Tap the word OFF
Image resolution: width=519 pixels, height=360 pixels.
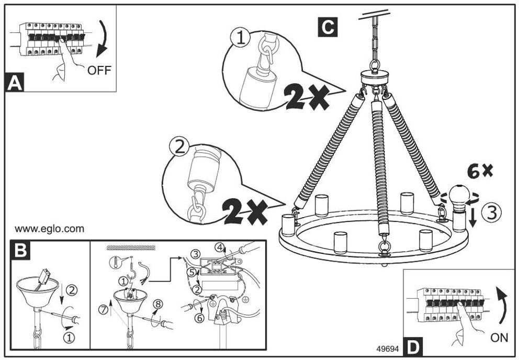tap(99, 70)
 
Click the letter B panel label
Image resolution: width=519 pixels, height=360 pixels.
tap(20, 250)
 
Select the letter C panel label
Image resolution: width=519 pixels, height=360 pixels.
tap(328, 27)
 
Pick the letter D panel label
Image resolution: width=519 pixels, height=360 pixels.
tap(413, 347)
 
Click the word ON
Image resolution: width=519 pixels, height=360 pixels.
tap(499, 337)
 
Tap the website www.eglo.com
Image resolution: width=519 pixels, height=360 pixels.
tap(49, 229)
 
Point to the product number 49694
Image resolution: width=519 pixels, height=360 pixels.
tap(388, 348)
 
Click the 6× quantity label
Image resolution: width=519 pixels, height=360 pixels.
tap(480, 171)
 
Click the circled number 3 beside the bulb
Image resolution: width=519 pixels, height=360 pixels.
tap(491, 212)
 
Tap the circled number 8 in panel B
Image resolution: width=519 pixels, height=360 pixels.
tap(157, 304)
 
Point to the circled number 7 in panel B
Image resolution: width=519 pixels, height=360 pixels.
tap(104, 310)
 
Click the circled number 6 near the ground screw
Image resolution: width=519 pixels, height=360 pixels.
tap(199, 318)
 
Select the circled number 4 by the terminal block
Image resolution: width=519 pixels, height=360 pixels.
tap(219, 247)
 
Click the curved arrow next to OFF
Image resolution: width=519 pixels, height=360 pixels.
tap(103, 38)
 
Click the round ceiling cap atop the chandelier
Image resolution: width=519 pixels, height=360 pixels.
tap(375, 77)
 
